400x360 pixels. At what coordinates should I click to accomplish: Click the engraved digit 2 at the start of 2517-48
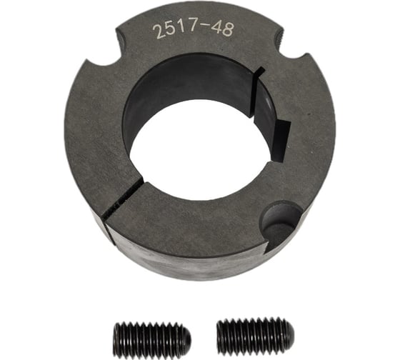click(x=156, y=32)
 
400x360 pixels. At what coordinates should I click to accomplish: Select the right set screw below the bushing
click(x=254, y=333)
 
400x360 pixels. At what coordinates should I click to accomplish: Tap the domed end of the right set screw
click(x=286, y=333)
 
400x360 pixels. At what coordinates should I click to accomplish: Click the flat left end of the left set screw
click(x=115, y=337)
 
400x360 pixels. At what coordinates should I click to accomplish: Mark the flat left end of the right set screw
click(x=219, y=333)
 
